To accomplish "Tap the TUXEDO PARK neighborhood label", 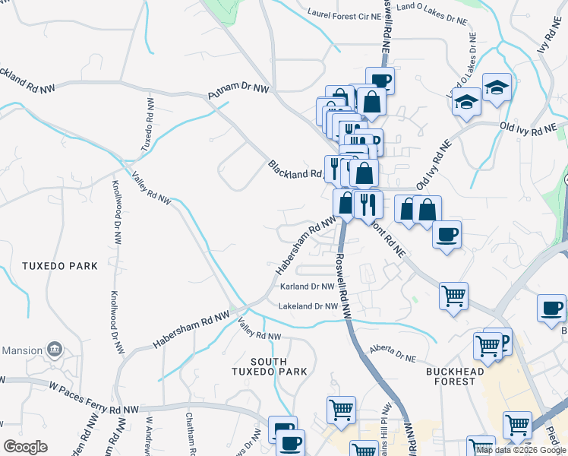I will click(x=60, y=266).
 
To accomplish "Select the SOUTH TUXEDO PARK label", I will click(x=270, y=366).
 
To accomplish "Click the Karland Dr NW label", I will click(x=307, y=287).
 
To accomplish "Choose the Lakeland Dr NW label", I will click(x=308, y=306).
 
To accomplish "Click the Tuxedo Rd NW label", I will click(x=147, y=124).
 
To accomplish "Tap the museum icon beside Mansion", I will click(x=55, y=350).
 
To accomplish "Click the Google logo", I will click(x=25, y=447).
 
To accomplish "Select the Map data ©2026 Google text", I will click(x=520, y=450).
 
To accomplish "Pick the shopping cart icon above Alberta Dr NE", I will click(x=454, y=295).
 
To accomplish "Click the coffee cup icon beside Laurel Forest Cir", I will click(x=380, y=81).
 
